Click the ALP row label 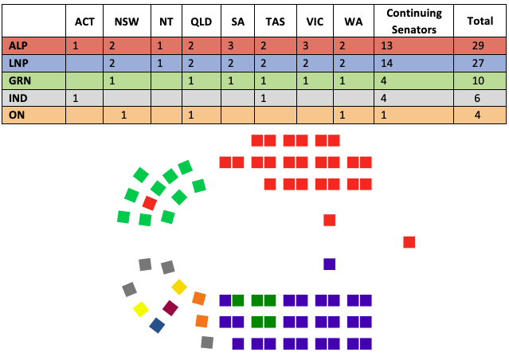(18, 45)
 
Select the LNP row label (18, 63)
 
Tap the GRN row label (20, 80)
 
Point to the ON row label (17, 115)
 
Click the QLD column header (202, 22)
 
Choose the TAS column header (276, 22)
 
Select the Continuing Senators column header (414, 21)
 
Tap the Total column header (480, 21)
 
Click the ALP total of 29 (478, 45)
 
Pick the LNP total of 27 (478, 63)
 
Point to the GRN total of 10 (478, 80)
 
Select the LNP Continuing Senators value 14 (386, 63)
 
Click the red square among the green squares (150, 203)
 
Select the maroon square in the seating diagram (170, 308)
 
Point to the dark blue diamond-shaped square (157, 326)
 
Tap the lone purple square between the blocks (330, 264)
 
